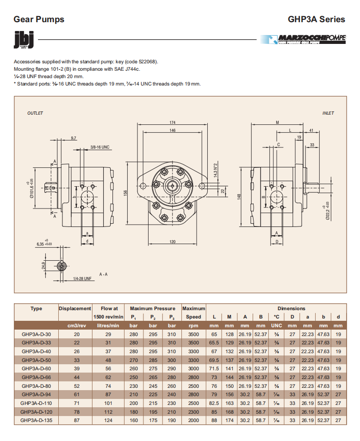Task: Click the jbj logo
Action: (24, 40)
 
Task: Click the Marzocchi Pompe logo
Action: (303, 40)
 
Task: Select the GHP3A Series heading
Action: (317, 19)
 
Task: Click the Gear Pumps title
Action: (39, 19)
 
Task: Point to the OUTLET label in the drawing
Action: (35, 113)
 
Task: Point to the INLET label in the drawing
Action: (328, 113)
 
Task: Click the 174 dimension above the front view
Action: (173, 122)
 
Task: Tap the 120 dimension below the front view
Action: (173, 242)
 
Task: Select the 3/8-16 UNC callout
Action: (99, 147)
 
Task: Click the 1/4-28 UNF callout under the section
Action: (82, 279)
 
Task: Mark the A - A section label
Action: (103, 274)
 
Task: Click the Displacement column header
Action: (75, 308)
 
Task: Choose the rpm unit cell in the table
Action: (193, 325)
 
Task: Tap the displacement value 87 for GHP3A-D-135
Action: (77, 420)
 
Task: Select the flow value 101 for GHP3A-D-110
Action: (108, 403)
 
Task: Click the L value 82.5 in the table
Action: (214, 403)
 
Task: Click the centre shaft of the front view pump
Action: (173, 186)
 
